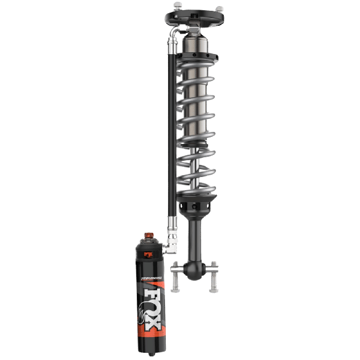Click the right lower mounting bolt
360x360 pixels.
(x=212, y=277)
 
